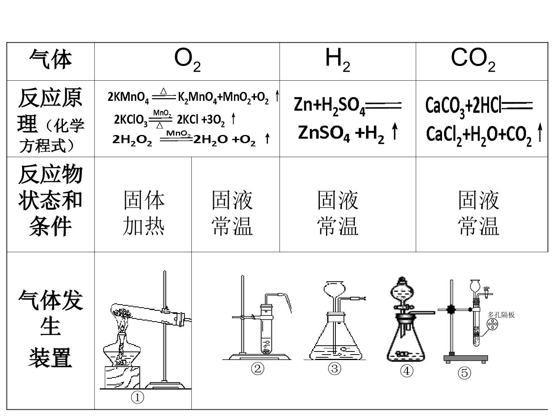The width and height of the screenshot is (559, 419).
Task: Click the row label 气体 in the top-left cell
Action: pyautogui.click(x=50, y=59)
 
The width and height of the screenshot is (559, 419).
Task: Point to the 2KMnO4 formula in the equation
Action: pyautogui.click(x=128, y=97)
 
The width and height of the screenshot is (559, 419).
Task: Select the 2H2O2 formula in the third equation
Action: pyautogui.click(x=132, y=140)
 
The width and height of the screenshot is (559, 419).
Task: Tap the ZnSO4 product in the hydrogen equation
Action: pyautogui.click(x=324, y=133)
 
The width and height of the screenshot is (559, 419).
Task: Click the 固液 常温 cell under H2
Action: pyautogui.click(x=338, y=213)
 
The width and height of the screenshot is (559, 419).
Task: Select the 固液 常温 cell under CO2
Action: pyautogui.click(x=479, y=213)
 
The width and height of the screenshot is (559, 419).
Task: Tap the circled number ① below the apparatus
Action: pyautogui.click(x=137, y=397)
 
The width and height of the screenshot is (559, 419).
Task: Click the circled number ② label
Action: pyautogui.click(x=257, y=369)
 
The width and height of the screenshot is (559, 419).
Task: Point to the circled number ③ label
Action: pyautogui.click(x=334, y=369)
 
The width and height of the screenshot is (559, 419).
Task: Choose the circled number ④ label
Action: pyautogui.click(x=407, y=371)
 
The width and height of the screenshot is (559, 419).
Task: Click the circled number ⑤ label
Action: pyautogui.click(x=464, y=373)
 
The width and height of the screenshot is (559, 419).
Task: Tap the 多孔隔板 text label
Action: pyautogui.click(x=501, y=315)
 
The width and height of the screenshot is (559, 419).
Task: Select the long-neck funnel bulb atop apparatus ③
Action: pyautogui.click(x=335, y=289)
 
